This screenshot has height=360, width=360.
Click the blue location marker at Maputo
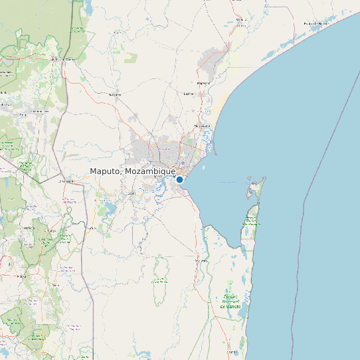point(179,179)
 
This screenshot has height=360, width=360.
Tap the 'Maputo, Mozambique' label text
point(132,171)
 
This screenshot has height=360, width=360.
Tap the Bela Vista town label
point(201,261)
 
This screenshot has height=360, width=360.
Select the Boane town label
point(131,193)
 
